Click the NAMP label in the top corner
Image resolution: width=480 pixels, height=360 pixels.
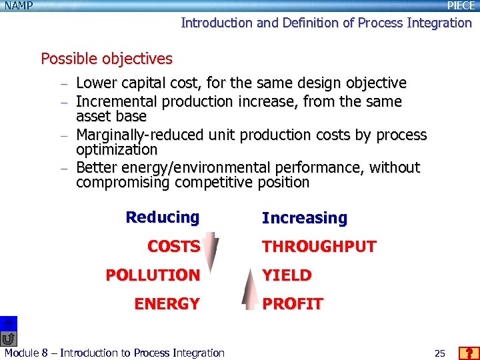coord(18,5)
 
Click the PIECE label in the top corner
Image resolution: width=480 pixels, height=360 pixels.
coord(461,5)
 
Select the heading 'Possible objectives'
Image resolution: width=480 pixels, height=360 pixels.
coord(107,59)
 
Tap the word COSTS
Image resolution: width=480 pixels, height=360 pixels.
coord(173,247)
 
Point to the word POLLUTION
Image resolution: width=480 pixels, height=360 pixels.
coord(153,275)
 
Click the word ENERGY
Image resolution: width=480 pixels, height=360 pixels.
coord(167,304)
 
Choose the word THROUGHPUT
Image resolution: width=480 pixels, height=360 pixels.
coord(319,247)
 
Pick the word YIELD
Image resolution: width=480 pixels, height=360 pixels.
coord(287,275)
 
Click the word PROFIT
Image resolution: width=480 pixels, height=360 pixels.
coord(293,304)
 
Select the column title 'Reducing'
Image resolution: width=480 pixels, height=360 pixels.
coord(162,217)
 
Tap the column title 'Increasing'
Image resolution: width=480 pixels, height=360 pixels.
coord(305,218)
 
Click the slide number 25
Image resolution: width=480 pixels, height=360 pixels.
coord(439,353)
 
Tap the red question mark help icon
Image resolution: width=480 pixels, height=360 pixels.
coord(469,353)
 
